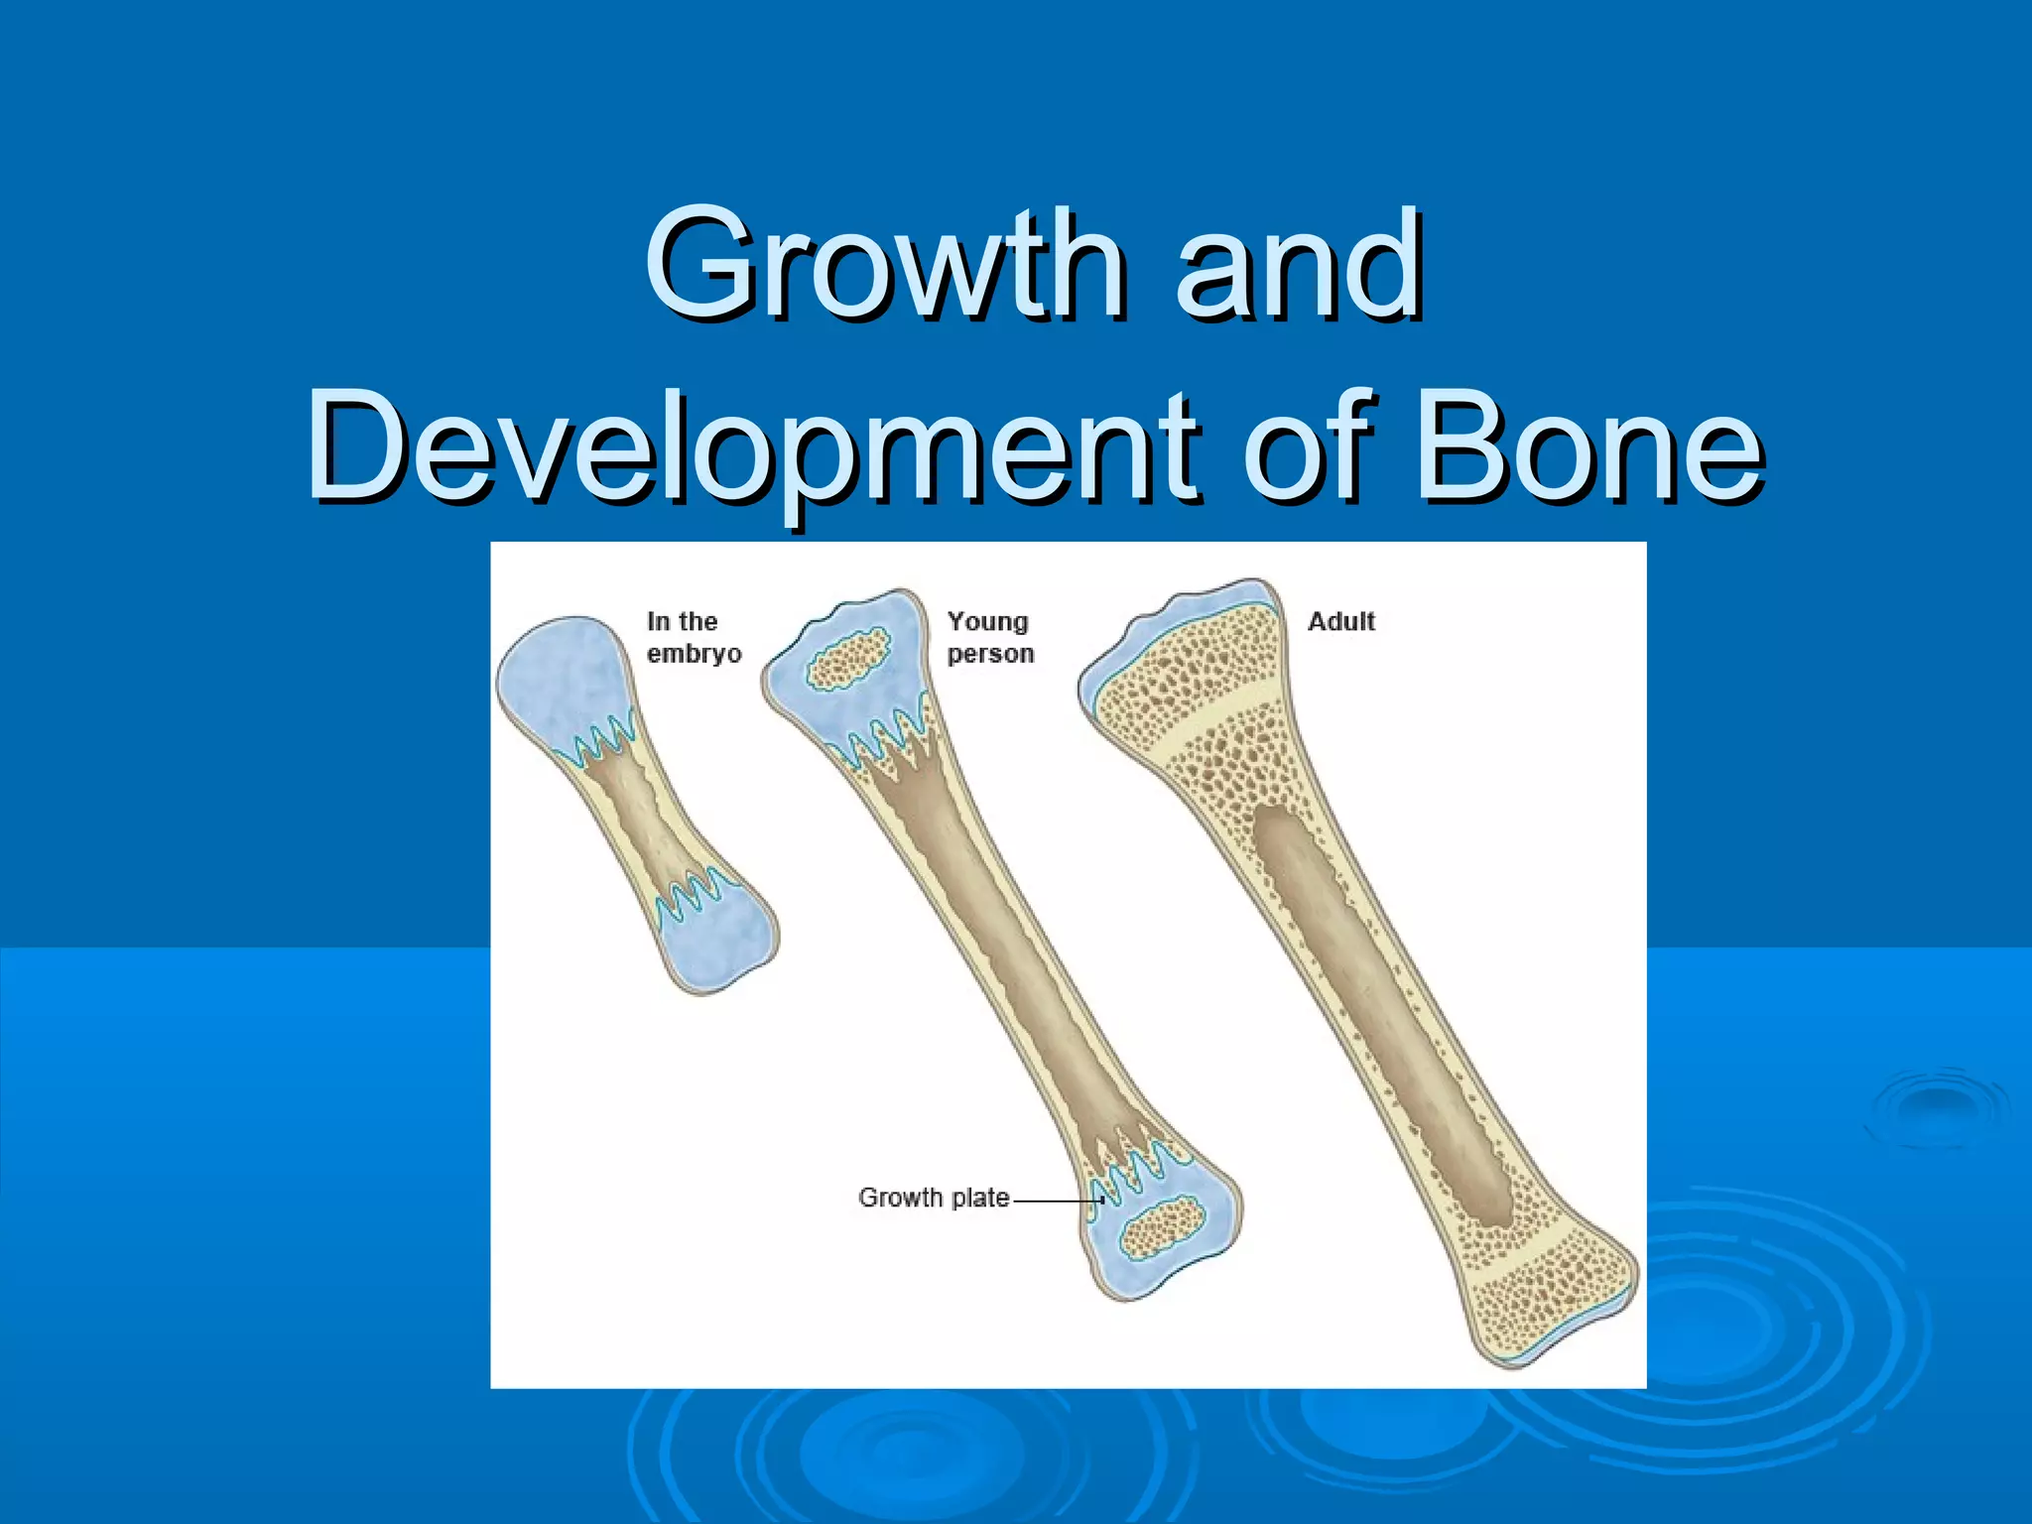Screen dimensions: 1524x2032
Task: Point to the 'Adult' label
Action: (1340, 622)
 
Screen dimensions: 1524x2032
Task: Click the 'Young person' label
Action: (989, 637)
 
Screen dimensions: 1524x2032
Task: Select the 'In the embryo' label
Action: (693, 637)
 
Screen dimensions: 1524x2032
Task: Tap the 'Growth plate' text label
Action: (933, 1198)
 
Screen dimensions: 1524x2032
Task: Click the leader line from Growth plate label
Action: (1057, 1200)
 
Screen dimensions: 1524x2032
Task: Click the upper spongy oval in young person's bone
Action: (847, 659)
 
